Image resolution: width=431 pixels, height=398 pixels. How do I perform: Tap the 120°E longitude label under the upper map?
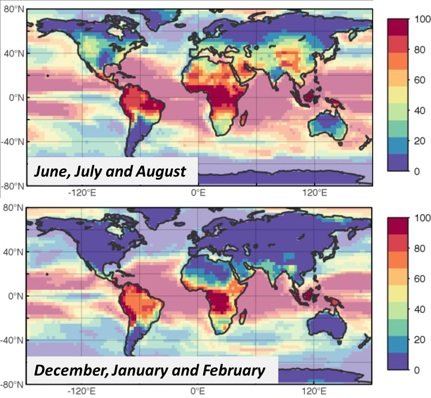point(314,193)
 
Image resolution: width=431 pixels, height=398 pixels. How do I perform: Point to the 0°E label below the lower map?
point(197,391)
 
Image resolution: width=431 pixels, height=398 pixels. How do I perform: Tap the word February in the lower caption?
point(237,371)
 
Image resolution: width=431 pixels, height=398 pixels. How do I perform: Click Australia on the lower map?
point(327,326)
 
